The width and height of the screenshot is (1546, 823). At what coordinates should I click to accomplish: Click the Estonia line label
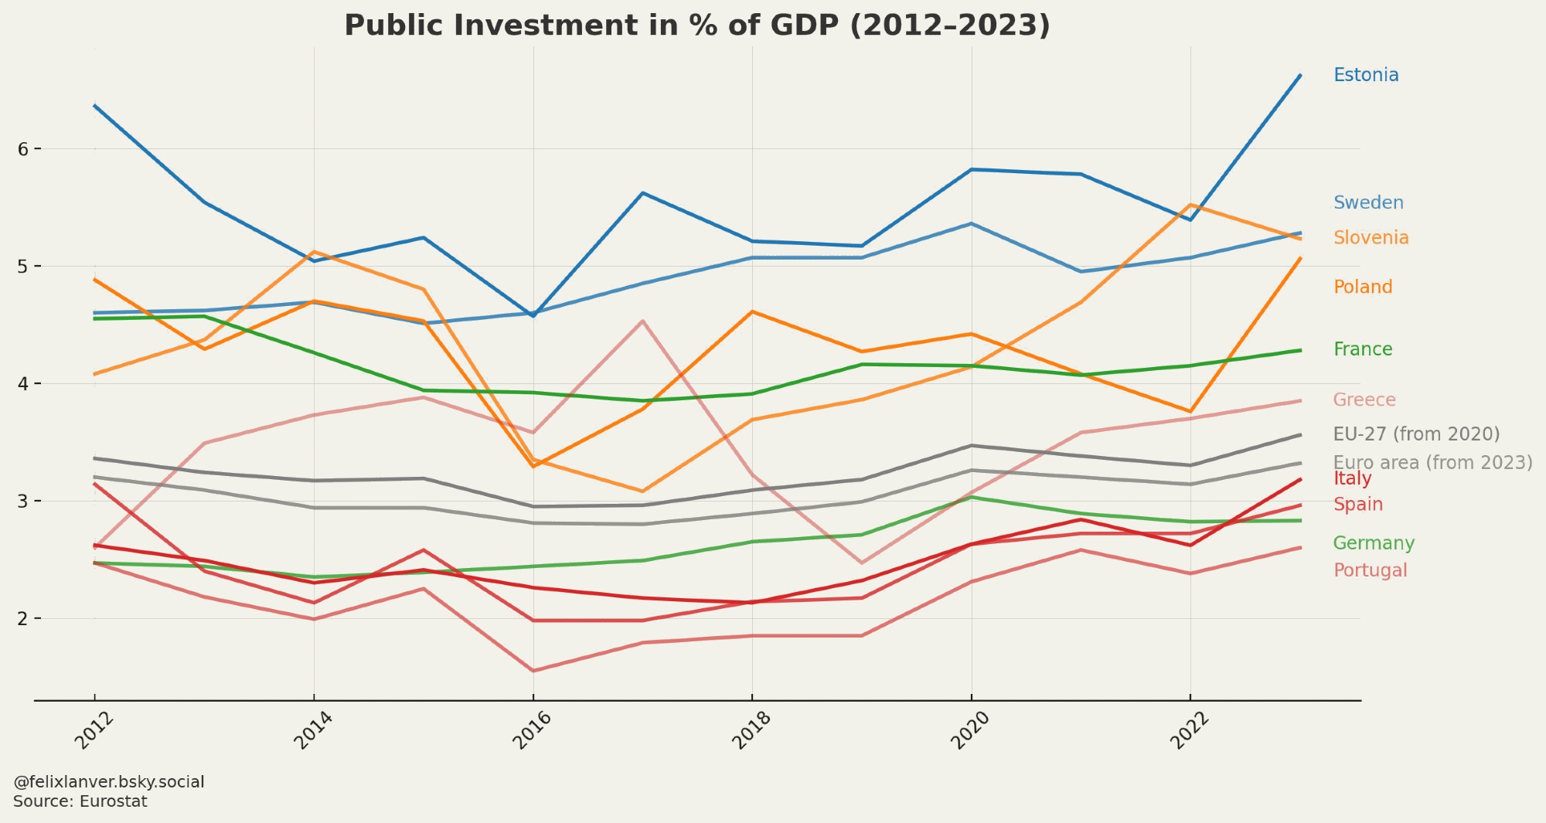1366,75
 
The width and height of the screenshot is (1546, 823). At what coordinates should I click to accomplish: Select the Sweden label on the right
1368,202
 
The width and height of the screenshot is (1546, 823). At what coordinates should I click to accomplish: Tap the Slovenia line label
1371,237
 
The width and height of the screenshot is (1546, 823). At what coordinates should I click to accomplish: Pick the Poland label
1363,287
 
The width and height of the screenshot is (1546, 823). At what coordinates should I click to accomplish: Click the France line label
1363,349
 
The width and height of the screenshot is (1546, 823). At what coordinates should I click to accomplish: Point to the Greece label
1364,400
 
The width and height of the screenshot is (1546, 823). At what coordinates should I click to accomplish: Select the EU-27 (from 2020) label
1416,434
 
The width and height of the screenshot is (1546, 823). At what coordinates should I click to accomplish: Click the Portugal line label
1370,570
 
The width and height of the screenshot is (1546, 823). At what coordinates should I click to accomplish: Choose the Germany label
1374,542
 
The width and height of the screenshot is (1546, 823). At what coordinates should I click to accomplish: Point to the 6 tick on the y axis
23,148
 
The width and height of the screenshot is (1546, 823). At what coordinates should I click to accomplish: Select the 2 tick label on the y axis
23,618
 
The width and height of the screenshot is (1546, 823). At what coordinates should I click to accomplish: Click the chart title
697,26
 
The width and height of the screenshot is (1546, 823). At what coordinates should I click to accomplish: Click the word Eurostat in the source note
113,801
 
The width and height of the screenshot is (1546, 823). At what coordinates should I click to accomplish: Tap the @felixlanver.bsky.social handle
109,782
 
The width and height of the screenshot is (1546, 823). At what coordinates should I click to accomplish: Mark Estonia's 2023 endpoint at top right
1300,75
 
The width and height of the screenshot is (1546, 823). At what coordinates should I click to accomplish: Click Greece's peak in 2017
642,321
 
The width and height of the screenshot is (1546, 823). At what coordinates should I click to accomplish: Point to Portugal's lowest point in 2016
533,671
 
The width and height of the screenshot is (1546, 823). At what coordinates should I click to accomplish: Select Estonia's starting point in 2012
94,105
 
